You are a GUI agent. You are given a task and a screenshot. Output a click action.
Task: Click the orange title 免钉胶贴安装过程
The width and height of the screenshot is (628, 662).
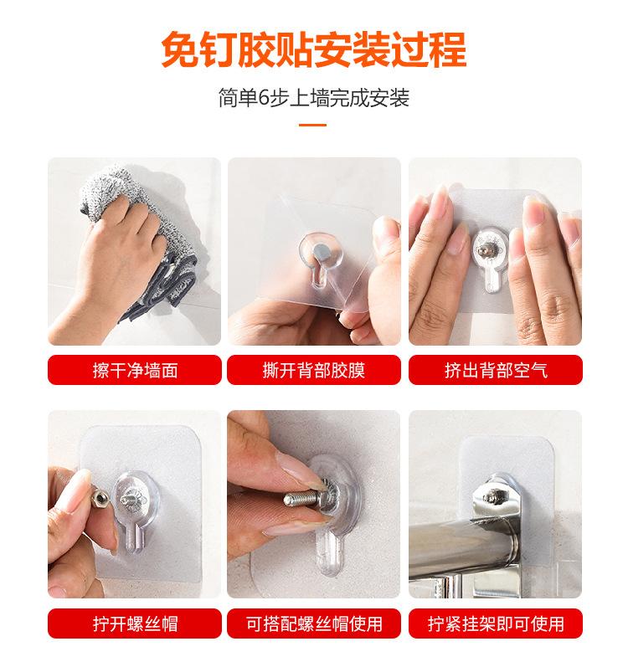click(313, 49)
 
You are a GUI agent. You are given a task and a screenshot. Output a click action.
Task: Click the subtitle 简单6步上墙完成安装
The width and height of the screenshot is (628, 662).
click(313, 99)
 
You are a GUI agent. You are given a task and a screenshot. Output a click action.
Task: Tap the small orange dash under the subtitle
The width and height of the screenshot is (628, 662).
click(313, 126)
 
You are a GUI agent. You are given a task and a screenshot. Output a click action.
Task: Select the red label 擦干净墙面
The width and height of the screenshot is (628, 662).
click(135, 370)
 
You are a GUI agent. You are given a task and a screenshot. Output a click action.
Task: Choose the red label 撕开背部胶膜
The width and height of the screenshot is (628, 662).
click(313, 370)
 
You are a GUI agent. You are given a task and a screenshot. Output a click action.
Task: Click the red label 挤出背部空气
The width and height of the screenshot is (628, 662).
click(495, 370)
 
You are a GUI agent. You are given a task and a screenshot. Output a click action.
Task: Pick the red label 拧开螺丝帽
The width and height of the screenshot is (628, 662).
click(135, 624)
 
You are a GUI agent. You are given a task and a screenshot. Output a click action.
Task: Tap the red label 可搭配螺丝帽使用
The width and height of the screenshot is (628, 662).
click(313, 624)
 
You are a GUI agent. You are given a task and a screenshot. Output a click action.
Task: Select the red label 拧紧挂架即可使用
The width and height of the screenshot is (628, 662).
click(495, 624)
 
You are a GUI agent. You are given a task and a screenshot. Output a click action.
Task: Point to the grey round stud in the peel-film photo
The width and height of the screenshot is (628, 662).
click(322, 249)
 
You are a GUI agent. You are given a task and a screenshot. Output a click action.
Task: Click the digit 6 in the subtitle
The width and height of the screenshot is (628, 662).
click(272, 99)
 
